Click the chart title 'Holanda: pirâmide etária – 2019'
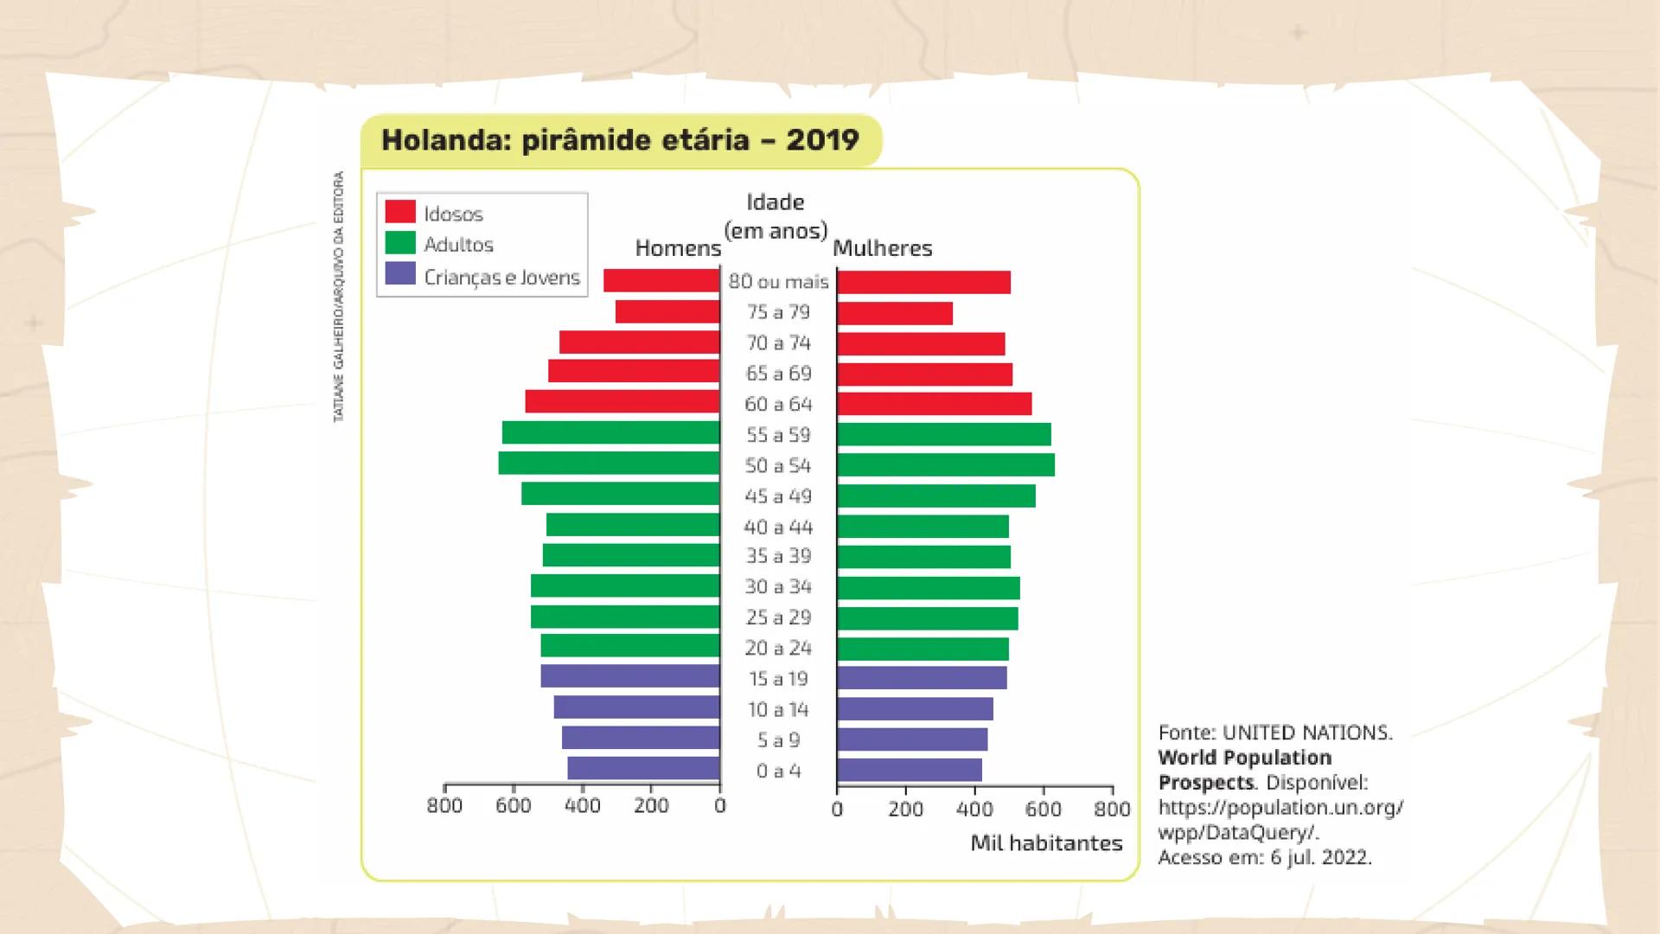(x=620, y=140)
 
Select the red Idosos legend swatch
(x=400, y=212)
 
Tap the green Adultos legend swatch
(x=400, y=243)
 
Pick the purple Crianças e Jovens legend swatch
(x=400, y=274)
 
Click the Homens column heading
(x=677, y=249)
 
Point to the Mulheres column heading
(x=882, y=249)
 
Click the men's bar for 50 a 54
(x=609, y=464)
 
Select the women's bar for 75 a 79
(x=894, y=313)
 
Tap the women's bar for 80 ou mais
(x=923, y=282)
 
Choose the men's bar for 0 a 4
(x=643, y=769)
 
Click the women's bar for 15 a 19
(x=922, y=678)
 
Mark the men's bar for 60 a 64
(x=622, y=402)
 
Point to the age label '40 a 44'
(x=778, y=528)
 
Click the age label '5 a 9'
(x=778, y=740)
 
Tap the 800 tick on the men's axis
(x=444, y=805)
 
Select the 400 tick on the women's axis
(x=974, y=809)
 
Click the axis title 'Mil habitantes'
(x=1046, y=843)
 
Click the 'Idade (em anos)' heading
(x=776, y=216)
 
